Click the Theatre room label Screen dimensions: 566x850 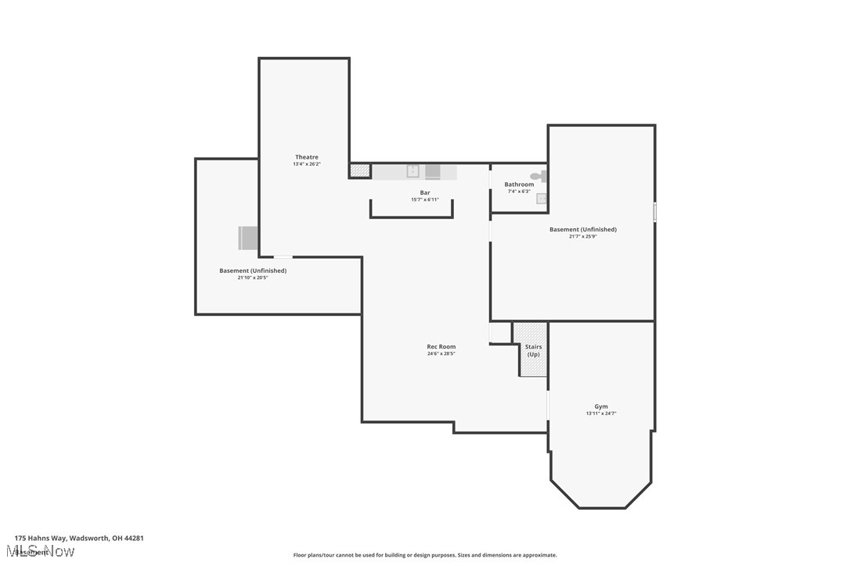pos(307,157)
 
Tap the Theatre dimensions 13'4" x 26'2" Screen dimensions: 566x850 pos(307,164)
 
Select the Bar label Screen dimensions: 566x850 pos(425,192)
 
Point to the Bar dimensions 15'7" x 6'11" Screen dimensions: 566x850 pos(425,199)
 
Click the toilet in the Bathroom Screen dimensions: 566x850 pos(539,177)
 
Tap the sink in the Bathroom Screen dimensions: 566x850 pos(541,199)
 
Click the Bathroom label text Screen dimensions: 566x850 pos(519,184)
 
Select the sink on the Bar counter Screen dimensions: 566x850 pos(412,171)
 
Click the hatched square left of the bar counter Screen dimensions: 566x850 pos(360,170)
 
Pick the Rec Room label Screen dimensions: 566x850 pos(441,346)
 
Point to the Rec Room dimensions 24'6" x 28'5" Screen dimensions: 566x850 pos(441,353)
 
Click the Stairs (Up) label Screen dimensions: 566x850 pos(533,350)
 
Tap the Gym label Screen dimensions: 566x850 pos(601,407)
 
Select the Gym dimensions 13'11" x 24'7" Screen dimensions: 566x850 pos(601,414)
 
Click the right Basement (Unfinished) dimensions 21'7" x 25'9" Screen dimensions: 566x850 pos(583,236)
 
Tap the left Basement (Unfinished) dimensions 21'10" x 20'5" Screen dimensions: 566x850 pos(253,278)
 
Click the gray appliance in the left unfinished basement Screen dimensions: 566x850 pos(249,238)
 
